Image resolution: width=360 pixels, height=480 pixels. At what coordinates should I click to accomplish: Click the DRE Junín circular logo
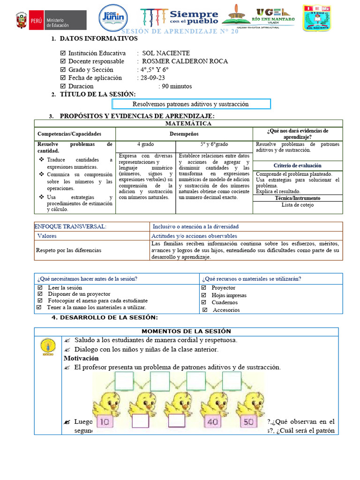pos(112,20)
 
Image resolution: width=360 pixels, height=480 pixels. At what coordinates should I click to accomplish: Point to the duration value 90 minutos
pos(177,86)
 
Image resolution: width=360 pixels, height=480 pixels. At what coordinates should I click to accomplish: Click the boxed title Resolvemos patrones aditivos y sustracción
pos(191,104)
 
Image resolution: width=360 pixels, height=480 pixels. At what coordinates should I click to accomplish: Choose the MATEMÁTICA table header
pos(188,124)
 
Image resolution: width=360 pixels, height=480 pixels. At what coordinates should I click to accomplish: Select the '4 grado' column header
pos(145,144)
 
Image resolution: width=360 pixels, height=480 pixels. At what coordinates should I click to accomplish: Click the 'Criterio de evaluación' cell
pos(298,165)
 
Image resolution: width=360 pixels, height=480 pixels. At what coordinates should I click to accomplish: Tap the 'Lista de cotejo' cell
pos(298,205)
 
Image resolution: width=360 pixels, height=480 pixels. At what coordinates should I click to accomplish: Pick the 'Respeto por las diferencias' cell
pos(69,250)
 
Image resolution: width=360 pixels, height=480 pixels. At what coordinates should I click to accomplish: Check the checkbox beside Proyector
pos(204,288)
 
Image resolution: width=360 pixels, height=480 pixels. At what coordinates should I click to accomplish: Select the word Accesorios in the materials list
pos(226,310)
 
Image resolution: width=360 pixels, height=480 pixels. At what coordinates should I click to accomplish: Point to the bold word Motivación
pos(81,359)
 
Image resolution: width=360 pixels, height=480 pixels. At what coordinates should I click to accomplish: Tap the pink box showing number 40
pos(212,422)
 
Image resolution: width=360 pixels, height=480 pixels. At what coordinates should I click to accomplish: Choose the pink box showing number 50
pos(248,422)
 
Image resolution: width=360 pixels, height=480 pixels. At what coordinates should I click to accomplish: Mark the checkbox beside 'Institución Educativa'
pos(63,53)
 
